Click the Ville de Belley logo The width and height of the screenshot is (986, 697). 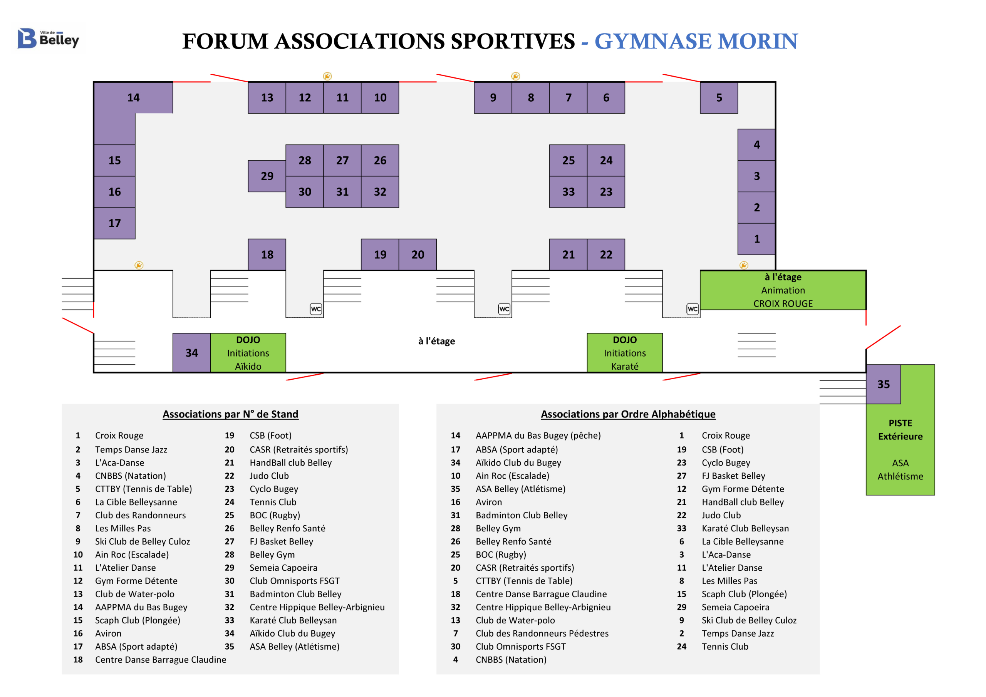[48, 39]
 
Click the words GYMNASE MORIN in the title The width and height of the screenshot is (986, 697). [696, 42]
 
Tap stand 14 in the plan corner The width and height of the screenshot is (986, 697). [133, 98]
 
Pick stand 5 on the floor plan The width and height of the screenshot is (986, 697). [719, 98]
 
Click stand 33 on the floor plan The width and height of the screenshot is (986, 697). [568, 192]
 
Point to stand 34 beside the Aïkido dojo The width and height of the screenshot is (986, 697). [191, 353]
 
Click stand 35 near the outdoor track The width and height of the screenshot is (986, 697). [884, 384]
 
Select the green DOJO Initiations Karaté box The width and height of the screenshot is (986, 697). [624, 353]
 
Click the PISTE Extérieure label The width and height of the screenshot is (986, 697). [900, 430]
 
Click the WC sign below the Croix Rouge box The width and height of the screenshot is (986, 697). [692, 309]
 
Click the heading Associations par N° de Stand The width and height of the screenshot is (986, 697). [230, 414]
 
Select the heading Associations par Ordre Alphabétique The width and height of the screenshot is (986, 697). [628, 414]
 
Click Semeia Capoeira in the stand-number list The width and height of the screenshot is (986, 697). [283, 568]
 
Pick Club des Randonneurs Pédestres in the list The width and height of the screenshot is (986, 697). [542, 633]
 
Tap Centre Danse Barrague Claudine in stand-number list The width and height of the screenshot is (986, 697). [161, 660]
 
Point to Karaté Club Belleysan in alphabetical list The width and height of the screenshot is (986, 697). [745, 528]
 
